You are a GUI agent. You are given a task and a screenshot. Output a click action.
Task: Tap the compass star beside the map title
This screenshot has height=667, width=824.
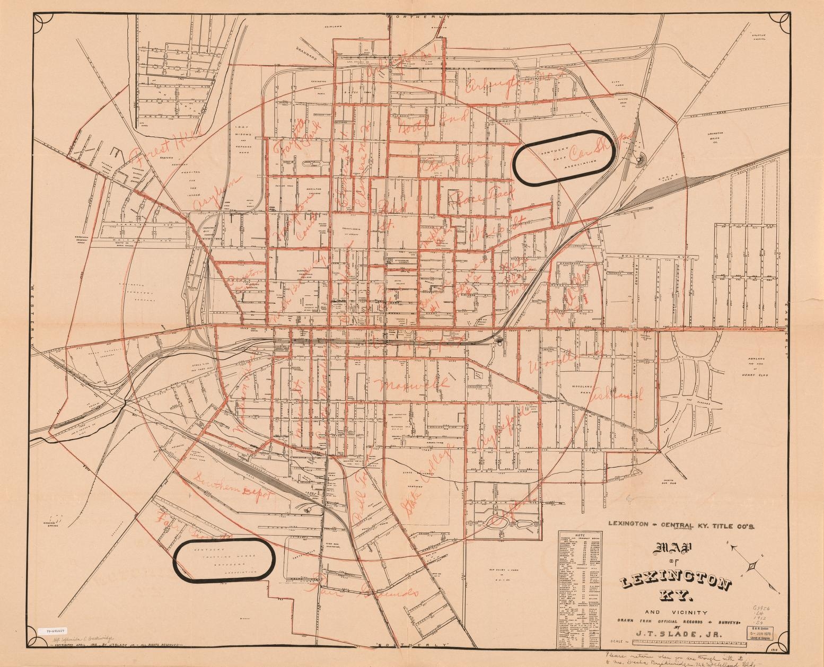pyautogui.click(x=752, y=568)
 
